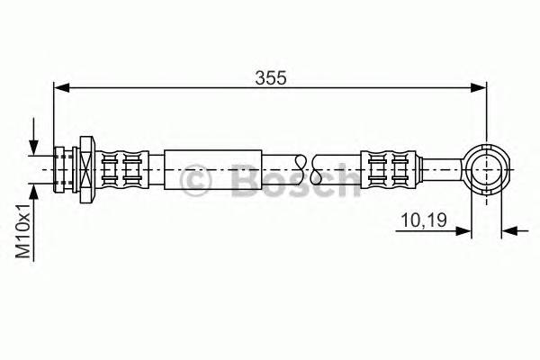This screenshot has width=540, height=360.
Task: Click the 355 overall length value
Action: coord(270,78)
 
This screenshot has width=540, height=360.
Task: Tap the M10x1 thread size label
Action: coord(25,233)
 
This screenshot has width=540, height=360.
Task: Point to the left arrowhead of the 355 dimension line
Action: coord(60,87)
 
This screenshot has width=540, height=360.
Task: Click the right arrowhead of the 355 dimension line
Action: coord(480,87)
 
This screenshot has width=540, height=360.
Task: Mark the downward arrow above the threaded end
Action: coord(34,145)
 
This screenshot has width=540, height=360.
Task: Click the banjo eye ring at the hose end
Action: coord(487,167)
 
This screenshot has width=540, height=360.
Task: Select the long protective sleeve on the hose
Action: coord(211,167)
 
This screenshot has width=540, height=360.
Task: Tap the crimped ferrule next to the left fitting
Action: coord(121,167)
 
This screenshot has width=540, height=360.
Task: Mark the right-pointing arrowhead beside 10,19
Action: coord(464,230)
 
